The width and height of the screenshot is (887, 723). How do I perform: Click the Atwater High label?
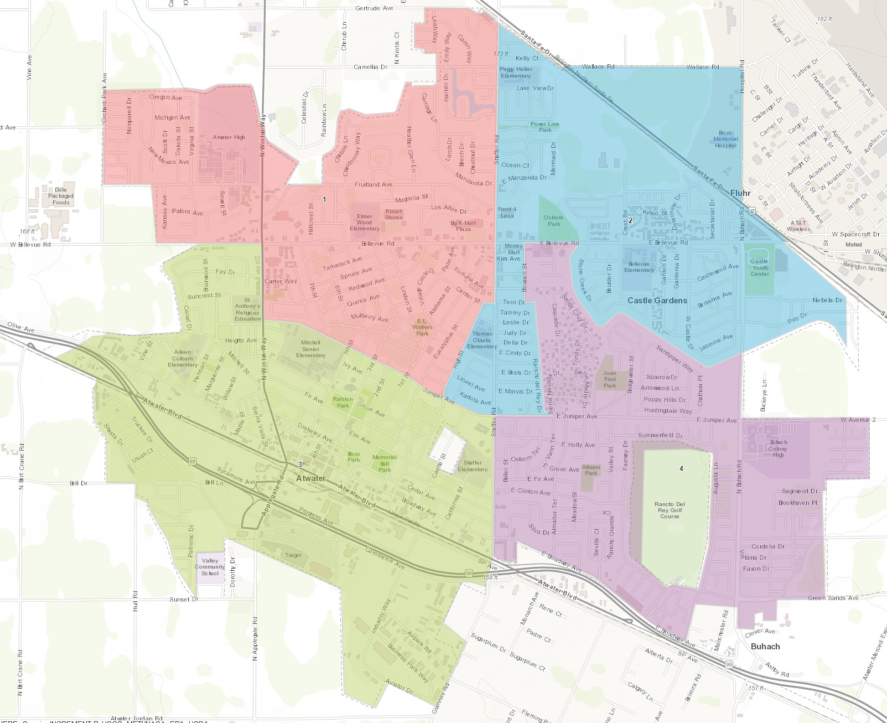(x=229, y=137)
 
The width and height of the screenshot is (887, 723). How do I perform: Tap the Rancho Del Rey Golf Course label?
(x=670, y=510)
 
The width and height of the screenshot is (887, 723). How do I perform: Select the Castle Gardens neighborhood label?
(x=657, y=301)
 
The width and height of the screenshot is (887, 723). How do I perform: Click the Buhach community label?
(x=765, y=647)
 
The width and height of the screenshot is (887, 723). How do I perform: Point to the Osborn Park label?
(x=553, y=221)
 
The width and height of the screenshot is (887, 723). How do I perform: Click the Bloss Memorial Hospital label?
(x=725, y=139)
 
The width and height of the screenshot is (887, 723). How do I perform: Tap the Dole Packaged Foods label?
(x=60, y=196)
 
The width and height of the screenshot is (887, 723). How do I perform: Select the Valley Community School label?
(x=210, y=567)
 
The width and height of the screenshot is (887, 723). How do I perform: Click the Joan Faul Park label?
(x=610, y=379)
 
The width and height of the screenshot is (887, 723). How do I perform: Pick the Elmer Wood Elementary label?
(x=364, y=223)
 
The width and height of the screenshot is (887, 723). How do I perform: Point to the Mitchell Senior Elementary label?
(x=310, y=349)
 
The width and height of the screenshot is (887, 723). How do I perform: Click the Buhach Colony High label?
(x=778, y=448)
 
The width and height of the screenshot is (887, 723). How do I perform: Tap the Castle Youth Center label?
(x=760, y=267)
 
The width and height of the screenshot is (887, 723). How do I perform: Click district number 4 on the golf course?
(x=681, y=468)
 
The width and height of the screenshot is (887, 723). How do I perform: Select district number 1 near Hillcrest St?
(x=324, y=199)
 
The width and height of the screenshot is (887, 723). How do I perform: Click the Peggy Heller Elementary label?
(x=516, y=73)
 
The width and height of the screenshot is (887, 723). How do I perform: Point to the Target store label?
(x=293, y=555)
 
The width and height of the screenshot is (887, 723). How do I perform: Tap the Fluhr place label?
(x=740, y=193)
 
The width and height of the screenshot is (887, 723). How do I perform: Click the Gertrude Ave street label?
(x=374, y=8)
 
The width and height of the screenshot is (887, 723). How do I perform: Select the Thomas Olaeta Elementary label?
(x=481, y=340)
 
